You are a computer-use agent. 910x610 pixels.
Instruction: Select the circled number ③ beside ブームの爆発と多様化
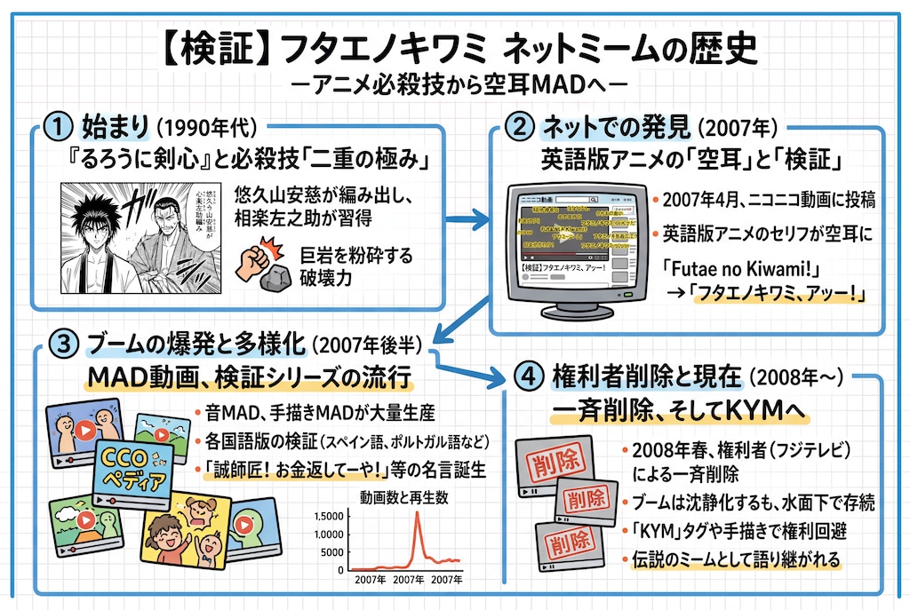[60, 344]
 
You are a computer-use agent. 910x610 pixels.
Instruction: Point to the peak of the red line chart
[418, 513]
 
